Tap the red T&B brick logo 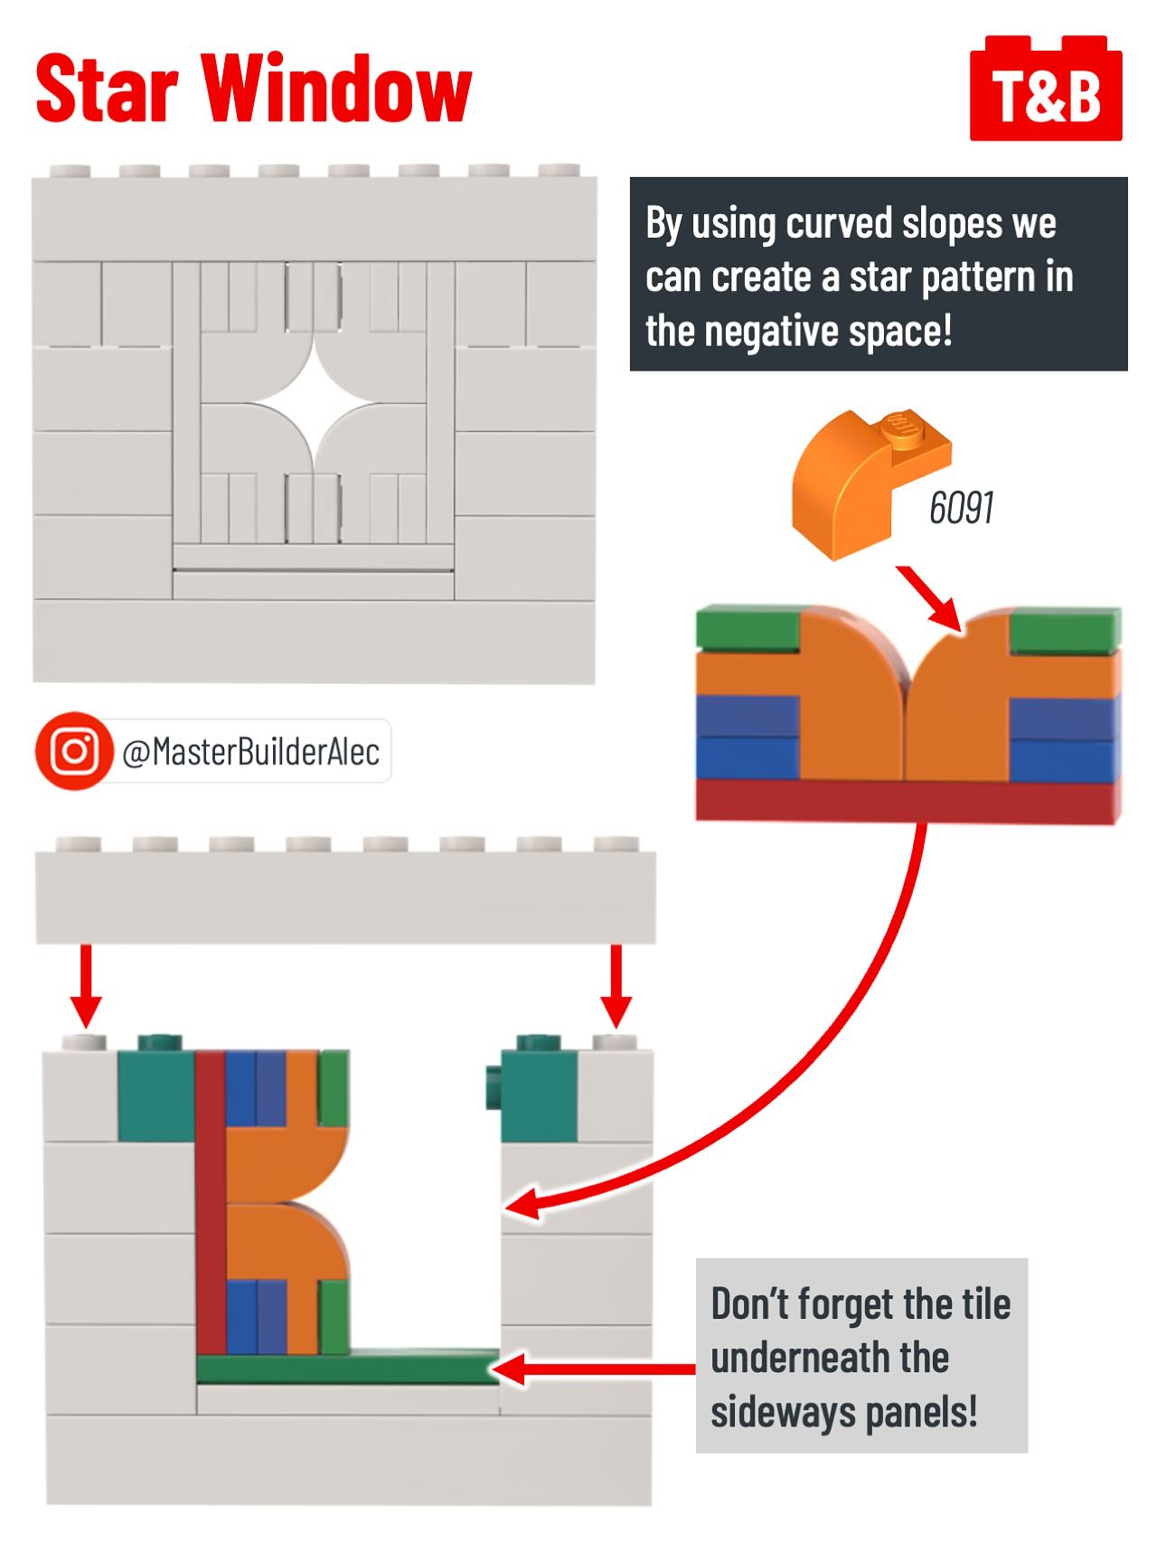coord(1046,89)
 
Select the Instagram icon coord(74,751)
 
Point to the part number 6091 coord(961,508)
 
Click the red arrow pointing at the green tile coord(594,1369)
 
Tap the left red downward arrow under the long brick coord(86,986)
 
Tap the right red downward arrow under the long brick coord(616,986)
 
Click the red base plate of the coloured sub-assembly coord(907,801)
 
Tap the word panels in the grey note coord(921,1413)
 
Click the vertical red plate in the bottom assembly coord(211,1203)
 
